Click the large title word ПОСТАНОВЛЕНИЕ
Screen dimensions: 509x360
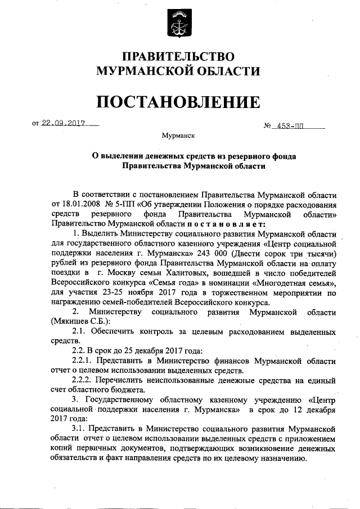tap(178, 102)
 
